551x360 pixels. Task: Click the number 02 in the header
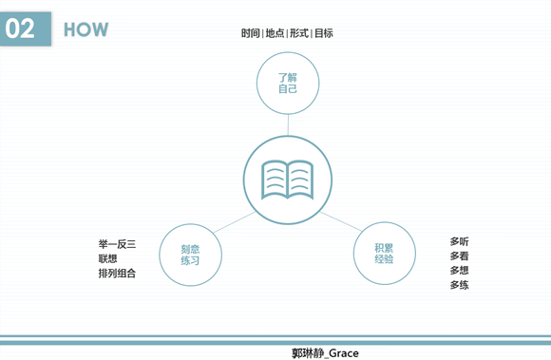pyautogui.click(x=20, y=28)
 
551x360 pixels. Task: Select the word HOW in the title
pyautogui.click(x=85, y=29)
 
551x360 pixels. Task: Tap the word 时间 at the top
pyautogui.click(x=250, y=33)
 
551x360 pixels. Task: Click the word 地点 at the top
pyautogui.click(x=275, y=33)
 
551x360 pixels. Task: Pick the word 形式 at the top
pyautogui.click(x=298, y=33)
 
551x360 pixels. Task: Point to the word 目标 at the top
pyautogui.click(x=322, y=33)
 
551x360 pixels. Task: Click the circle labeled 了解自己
pyautogui.click(x=288, y=83)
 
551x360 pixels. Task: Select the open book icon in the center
pyautogui.click(x=288, y=177)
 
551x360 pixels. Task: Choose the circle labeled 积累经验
pyautogui.click(x=385, y=254)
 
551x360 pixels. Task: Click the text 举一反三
pyautogui.click(x=117, y=244)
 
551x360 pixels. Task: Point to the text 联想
pyautogui.click(x=107, y=258)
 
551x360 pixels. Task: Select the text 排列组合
pyautogui.click(x=117, y=274)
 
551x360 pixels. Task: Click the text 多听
pyautogui.click(x=460, y=241)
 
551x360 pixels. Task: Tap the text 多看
pyautogui.click(x=460, y=256)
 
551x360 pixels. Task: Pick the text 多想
pyautogui.click(x=460, y=271)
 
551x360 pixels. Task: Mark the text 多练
pyautogui.click(x=460, y=285)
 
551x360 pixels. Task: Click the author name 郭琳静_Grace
pyautogui.click(x=325, y=352)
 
